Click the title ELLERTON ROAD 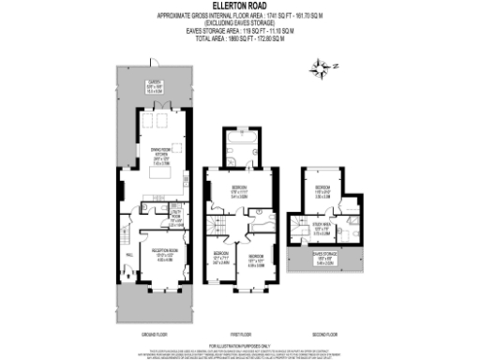click(241, 6)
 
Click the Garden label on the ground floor click(154, 88)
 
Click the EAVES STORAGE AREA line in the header click(241, 31)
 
